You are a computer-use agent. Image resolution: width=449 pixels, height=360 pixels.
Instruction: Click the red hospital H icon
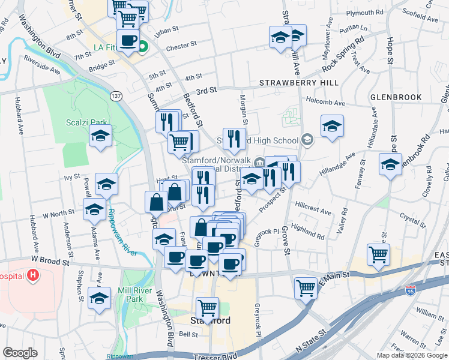tap(33, 276)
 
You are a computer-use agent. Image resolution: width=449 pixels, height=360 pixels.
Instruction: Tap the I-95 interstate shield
tap(411, 291)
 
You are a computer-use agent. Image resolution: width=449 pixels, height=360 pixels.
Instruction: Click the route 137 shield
tap(116, 96)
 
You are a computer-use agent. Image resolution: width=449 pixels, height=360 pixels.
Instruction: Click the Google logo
tap(20, 353)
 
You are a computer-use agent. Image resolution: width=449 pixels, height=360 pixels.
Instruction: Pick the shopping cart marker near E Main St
tap(306, 288)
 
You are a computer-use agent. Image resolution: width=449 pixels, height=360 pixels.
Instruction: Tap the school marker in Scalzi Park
tap(101, 136)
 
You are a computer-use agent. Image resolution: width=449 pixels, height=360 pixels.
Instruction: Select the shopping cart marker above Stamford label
tap(207, 308)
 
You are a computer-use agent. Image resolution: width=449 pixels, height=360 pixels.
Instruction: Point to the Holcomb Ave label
tap(326, 103)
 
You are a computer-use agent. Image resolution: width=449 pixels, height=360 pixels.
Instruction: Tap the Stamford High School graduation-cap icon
tap(307, 140)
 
